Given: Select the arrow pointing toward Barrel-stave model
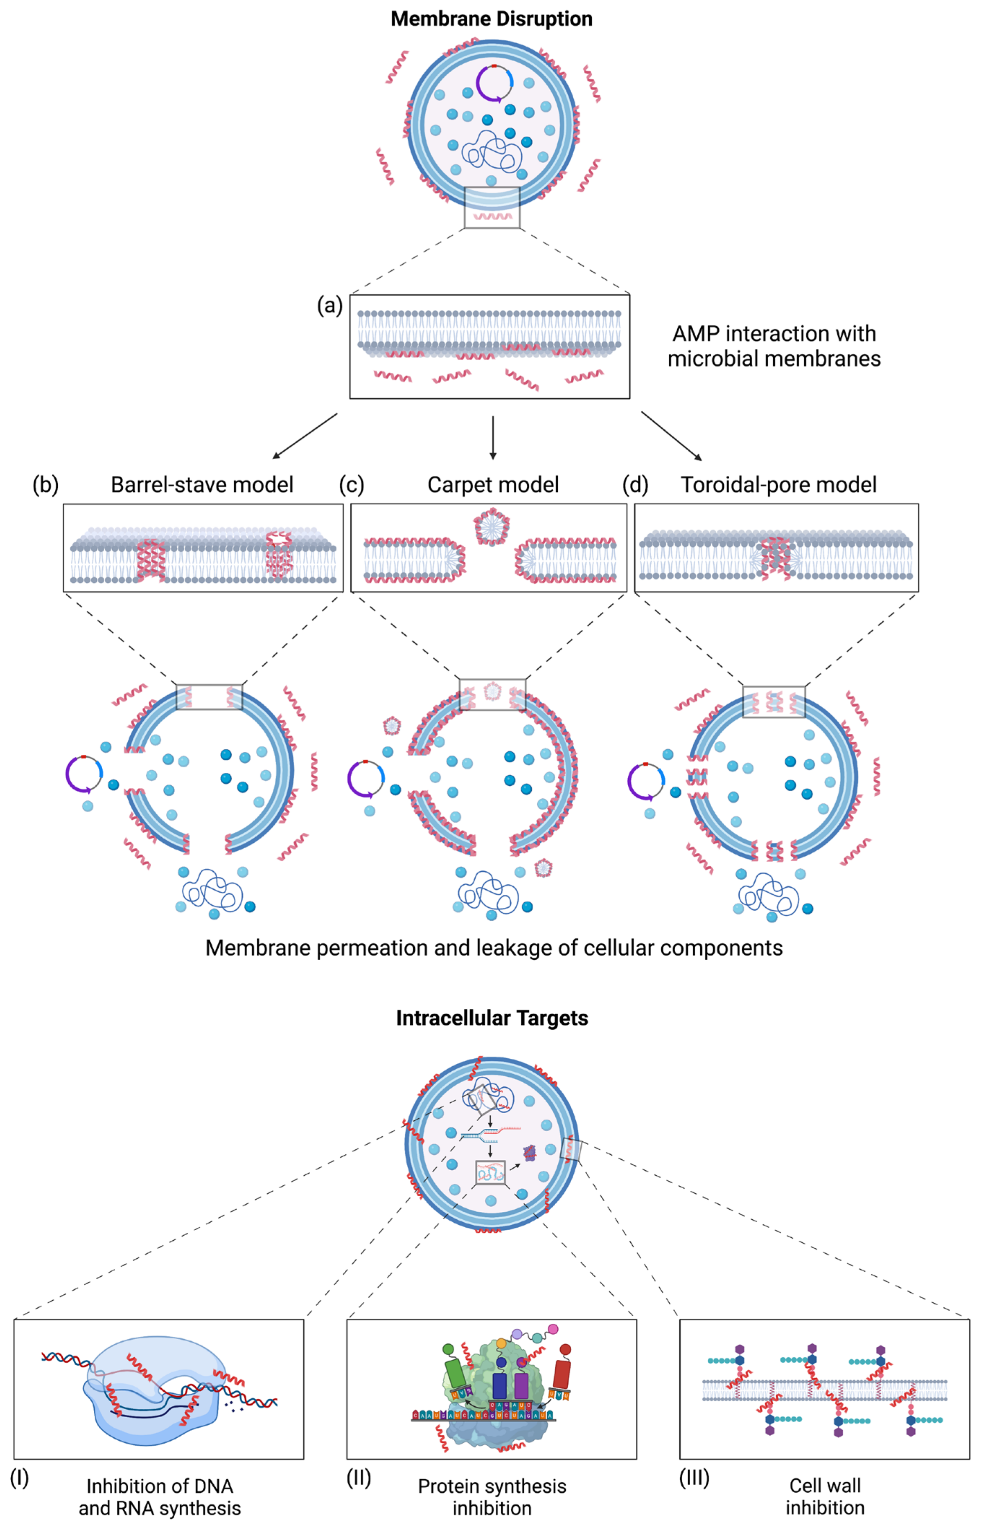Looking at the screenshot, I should (304, 436).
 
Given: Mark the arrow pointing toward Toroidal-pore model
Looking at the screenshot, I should (671, 436).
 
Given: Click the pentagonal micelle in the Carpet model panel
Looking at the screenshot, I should (492, 527).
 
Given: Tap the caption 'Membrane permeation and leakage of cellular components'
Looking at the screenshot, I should (493, 948).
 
